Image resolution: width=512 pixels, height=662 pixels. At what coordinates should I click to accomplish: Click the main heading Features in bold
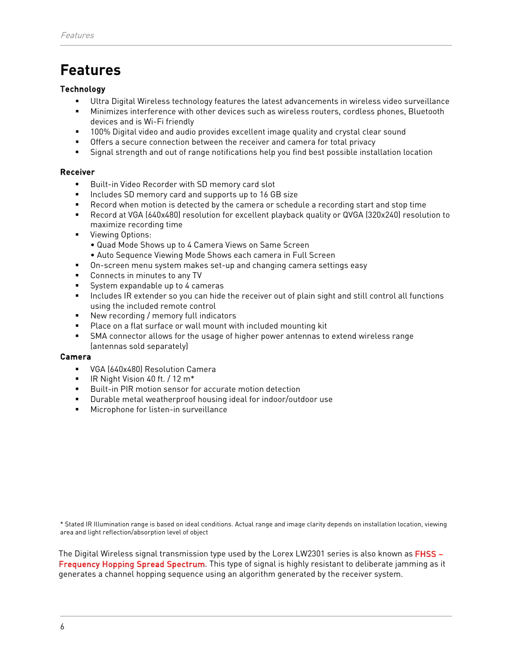click(90, 70)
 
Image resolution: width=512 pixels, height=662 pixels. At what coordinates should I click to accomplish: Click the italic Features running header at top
click(77, 35)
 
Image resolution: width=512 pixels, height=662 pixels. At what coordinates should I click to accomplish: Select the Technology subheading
click(83, 89)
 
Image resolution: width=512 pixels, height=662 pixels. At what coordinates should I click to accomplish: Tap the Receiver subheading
click(77, 172)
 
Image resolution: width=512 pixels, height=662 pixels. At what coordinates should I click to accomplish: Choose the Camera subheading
click(76, 357)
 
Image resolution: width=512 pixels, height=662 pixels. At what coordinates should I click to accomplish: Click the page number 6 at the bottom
click(62, 627)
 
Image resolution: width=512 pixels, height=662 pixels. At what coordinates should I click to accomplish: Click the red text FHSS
click(425, 554)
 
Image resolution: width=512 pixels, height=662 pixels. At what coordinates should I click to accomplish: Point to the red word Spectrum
click(186, 564)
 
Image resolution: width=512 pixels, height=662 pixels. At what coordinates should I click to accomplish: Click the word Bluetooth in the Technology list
click(426, 111)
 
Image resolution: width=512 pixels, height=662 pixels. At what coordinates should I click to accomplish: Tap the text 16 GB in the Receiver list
click(270, 195)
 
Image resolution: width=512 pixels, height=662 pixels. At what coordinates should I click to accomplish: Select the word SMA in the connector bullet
click(99, 336)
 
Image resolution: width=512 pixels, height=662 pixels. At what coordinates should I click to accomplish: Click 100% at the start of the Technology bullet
click(100, 132)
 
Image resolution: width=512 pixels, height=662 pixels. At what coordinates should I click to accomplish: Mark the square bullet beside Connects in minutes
click(77, 276)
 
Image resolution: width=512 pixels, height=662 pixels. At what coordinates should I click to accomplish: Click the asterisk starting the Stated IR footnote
click(62, 524)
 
